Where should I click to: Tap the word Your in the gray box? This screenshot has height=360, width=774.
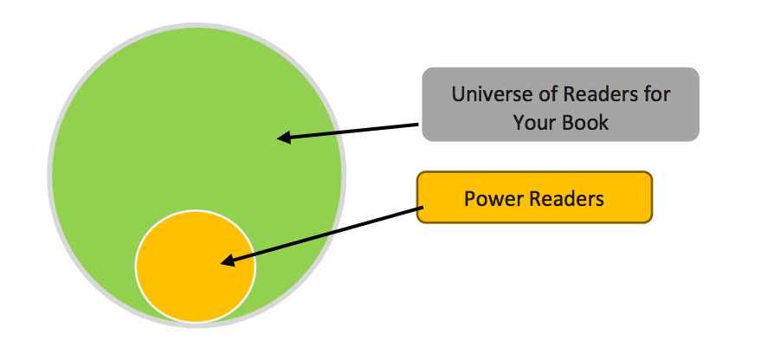(532, 122)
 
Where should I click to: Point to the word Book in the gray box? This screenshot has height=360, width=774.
(585, 122)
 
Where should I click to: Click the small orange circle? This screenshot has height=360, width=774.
(196, 267)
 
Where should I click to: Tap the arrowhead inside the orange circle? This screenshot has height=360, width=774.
(228, 260)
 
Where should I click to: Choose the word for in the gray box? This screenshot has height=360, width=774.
(657, 93)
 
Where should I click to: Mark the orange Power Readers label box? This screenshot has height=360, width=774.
(534, 197)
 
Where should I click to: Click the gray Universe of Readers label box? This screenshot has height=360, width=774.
(561, 105)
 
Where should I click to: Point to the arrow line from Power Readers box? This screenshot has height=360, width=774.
(321, 235)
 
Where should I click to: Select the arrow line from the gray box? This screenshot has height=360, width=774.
(347, 132)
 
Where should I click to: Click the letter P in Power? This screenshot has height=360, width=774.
(470, 199)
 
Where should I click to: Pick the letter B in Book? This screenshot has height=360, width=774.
(568, 122)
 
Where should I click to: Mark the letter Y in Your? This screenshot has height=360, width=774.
(519, 122)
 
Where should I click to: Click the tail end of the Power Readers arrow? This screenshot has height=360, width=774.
(422, 208)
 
